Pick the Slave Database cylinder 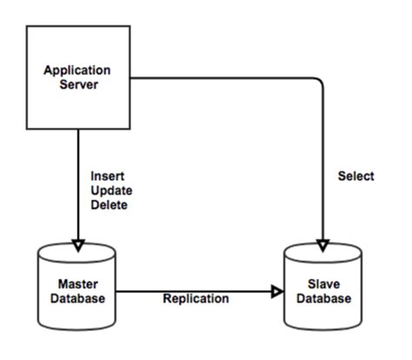324,291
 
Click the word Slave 324,285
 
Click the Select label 356,177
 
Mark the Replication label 196,299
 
